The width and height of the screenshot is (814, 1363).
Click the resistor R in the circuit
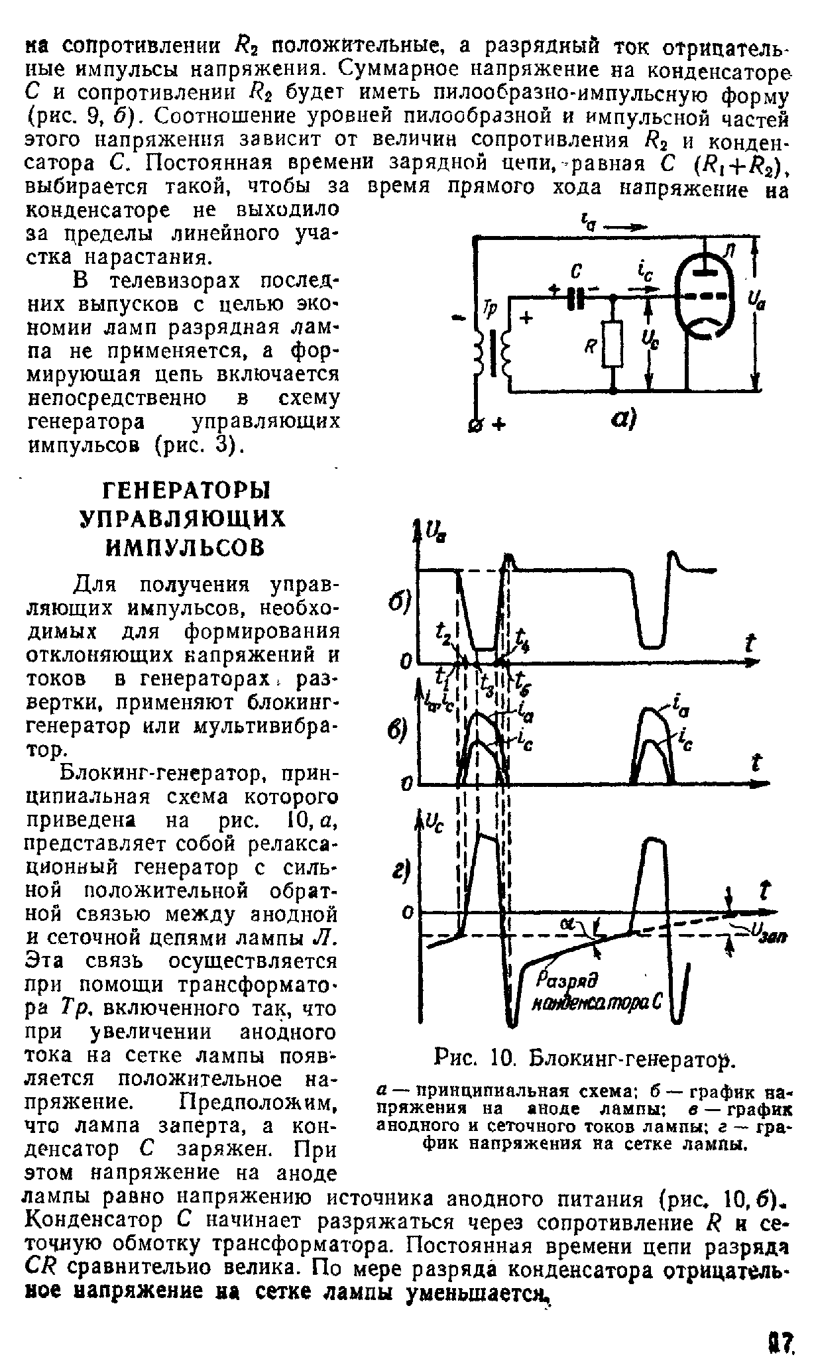613,345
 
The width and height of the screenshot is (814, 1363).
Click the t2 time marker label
445,640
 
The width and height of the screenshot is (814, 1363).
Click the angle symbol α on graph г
568,923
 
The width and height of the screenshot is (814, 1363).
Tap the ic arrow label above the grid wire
640,272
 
